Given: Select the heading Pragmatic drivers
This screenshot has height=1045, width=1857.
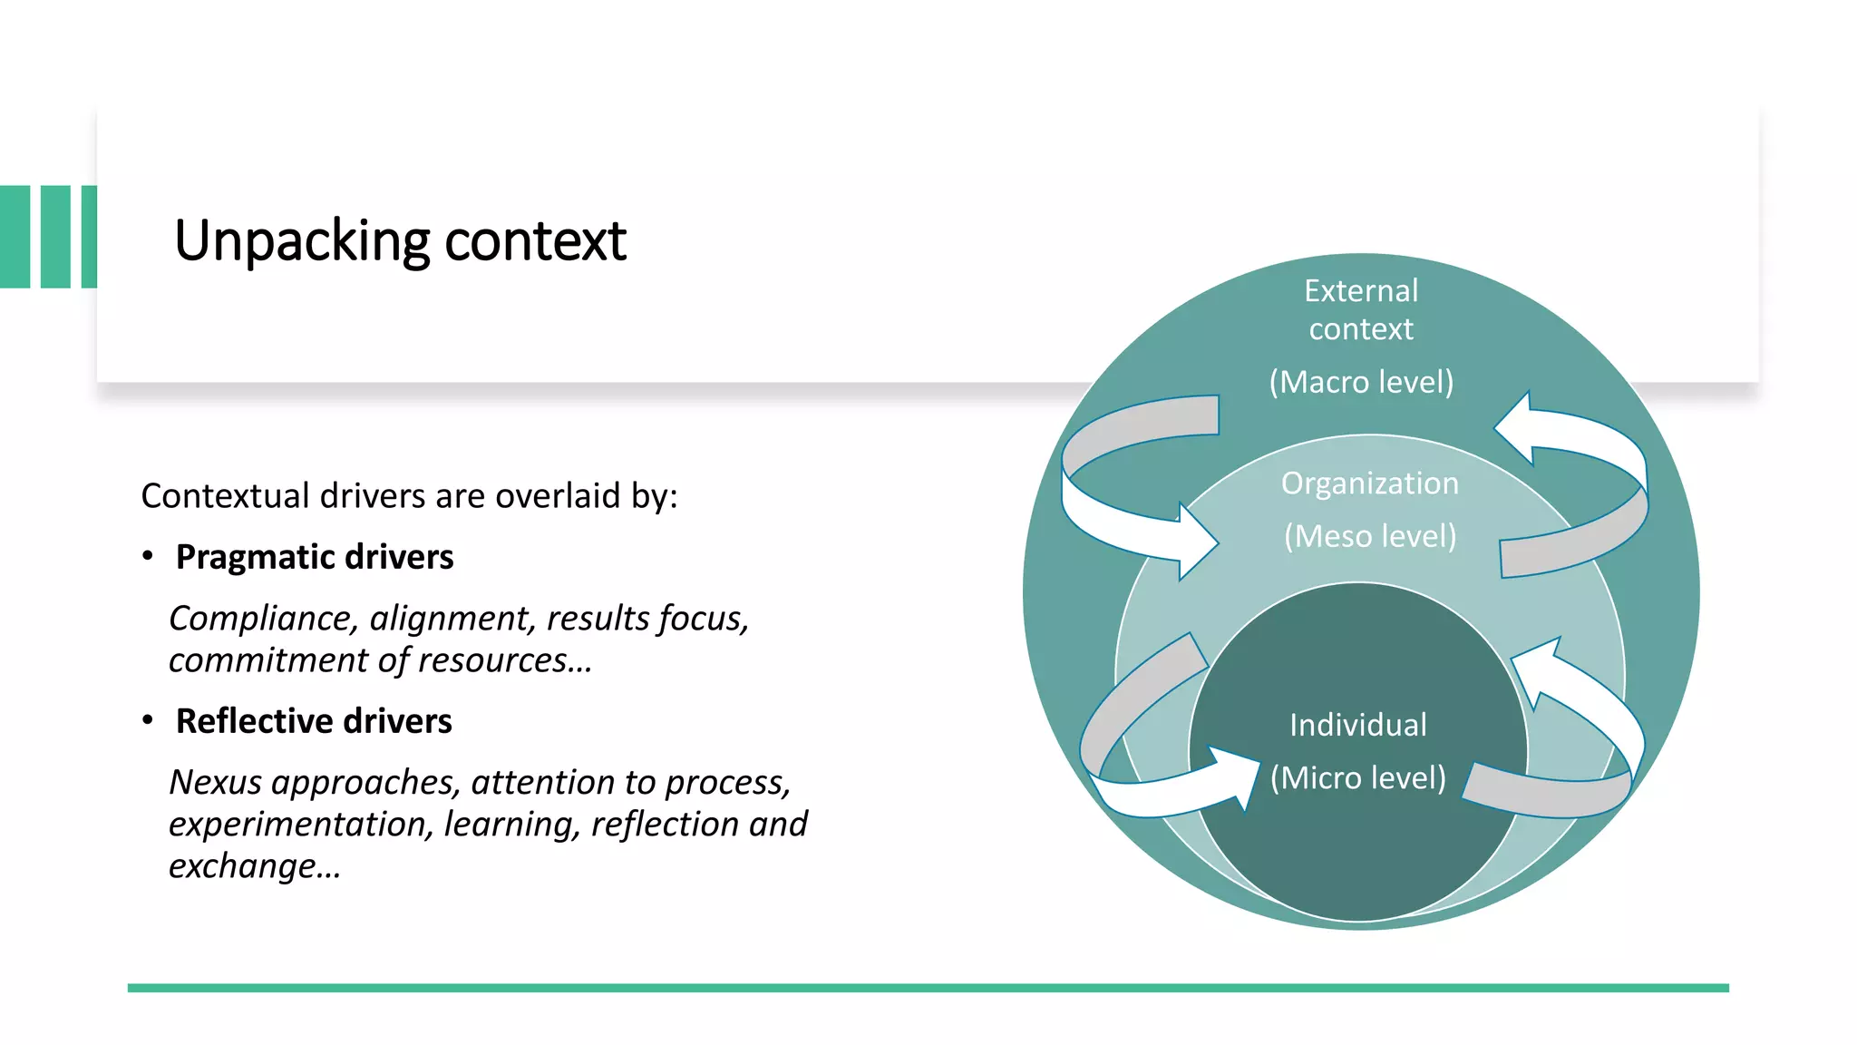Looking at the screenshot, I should click(x=314, y=557).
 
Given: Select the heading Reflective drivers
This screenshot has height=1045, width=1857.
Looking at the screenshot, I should click(x=313, y=721).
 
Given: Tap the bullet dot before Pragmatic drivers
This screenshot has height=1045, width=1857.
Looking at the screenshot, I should click(x=148, y=556).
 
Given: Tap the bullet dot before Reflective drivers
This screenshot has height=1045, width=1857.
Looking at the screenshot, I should click(x=148, y=720).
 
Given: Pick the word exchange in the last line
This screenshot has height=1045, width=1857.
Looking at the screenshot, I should click(x=243, y=866).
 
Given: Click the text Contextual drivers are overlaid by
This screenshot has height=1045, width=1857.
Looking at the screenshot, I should click(x=409, y=496).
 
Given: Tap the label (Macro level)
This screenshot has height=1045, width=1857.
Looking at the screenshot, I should click(x=1360, y=382).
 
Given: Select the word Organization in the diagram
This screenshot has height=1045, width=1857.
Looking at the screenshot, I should click(x=1369, y=483).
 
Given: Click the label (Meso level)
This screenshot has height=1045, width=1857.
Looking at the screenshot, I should click(x=1369, y=536).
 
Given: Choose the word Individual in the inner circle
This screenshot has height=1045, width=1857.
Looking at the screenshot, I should click(x=1357, y=725).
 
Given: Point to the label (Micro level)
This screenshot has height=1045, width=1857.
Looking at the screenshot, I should click(x=1357, y=777).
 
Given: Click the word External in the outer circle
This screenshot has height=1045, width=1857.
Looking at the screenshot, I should click(x=1360, y=291).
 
